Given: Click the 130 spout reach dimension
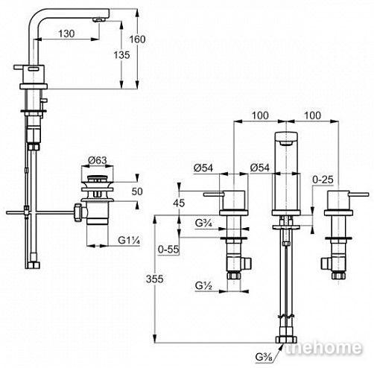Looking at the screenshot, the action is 66,34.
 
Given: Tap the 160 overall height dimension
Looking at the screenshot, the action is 137,39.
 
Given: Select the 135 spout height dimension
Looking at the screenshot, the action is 121,55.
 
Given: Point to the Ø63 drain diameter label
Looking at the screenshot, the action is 98,160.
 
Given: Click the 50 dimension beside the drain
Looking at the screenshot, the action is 137,191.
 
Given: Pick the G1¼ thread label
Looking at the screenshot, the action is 129,240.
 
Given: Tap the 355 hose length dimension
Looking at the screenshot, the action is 154,279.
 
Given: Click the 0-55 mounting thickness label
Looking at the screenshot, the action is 168,250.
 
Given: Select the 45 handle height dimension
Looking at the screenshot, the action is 179,203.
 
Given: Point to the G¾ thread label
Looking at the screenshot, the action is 203,223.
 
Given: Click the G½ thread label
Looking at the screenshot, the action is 203,286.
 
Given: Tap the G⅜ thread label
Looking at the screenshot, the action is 264,358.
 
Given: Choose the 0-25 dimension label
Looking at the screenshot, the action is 323,180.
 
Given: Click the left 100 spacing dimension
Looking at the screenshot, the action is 260,115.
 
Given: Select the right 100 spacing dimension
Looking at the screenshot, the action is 312,115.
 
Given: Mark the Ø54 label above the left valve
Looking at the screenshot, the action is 203,168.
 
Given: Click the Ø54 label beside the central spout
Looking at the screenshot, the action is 260,168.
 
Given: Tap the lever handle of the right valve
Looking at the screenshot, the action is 360,194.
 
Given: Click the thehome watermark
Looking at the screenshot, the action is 323,348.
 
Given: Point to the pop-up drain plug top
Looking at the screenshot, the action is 98,178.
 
